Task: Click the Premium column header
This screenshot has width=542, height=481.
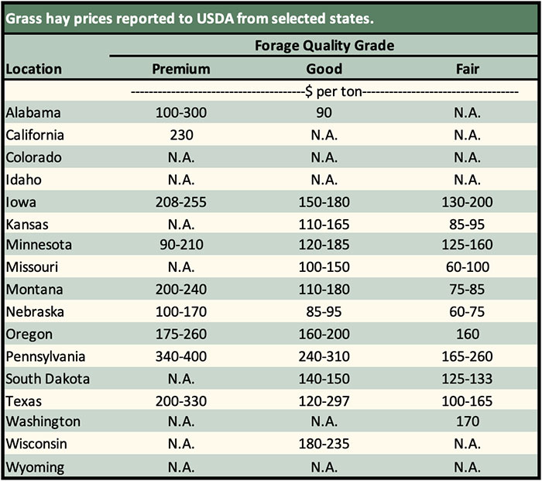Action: pyautogui.click(x=181, y=69)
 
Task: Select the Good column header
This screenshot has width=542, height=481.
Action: pyautogui.click(x=324, y=69)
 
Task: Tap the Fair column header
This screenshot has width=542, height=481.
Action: pyautogui.click(x=468, y=69)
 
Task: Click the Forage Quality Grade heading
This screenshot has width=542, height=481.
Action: pyautogui.click(x=324, y=45)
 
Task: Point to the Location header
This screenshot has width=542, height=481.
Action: pyautogui.click(x=33, y=69)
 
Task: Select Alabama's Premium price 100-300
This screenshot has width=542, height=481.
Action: pyautogui.click(x=181, y=112)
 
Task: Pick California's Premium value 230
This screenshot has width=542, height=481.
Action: pyautogui.click(x=181, y=135)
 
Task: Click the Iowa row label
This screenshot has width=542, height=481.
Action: pyautogui.click(x=21, y=202)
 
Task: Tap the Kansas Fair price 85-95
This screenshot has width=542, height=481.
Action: pyautogui.click(x=468, y=224)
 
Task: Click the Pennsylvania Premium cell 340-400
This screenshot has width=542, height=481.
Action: pyautogui.click(x=181, y=357)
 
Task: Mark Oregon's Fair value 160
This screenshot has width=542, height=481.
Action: pyautogui.click(x=468, y=335)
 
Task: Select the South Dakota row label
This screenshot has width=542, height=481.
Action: pyautogui.click(x=47, y=380)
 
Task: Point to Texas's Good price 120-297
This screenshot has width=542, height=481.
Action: pyautogui.click(x=324, y=402)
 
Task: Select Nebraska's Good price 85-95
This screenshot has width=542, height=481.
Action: pyautogui.click(x=324, y=313)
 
